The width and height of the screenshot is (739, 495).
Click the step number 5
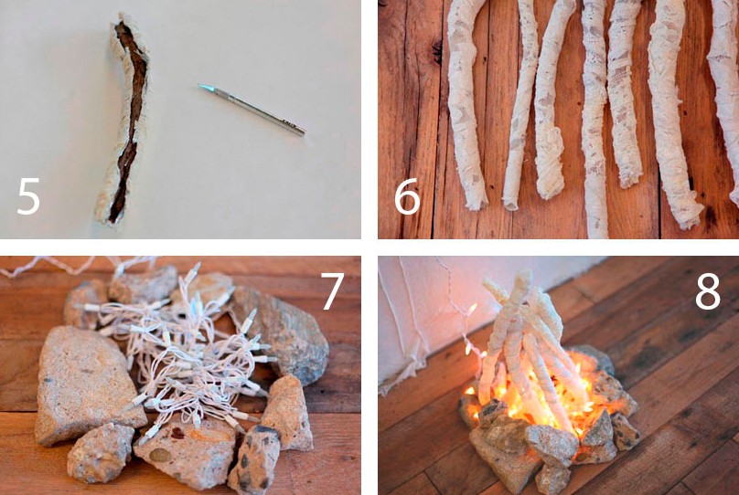click(28, 196)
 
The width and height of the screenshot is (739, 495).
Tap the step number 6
click(407, 196)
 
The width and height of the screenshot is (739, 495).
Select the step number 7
click(332, 291)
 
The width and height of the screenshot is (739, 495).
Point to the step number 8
click(707, 291)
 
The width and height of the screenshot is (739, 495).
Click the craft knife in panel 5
click(252, 110)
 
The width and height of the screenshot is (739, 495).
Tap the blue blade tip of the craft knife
click(204, 88)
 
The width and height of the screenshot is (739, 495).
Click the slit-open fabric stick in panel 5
click(123, 120)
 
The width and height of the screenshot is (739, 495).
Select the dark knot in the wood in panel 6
click(437, 52)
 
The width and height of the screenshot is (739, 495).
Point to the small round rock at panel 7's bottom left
click(101, 453)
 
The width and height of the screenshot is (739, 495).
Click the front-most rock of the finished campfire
click(552, 445)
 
